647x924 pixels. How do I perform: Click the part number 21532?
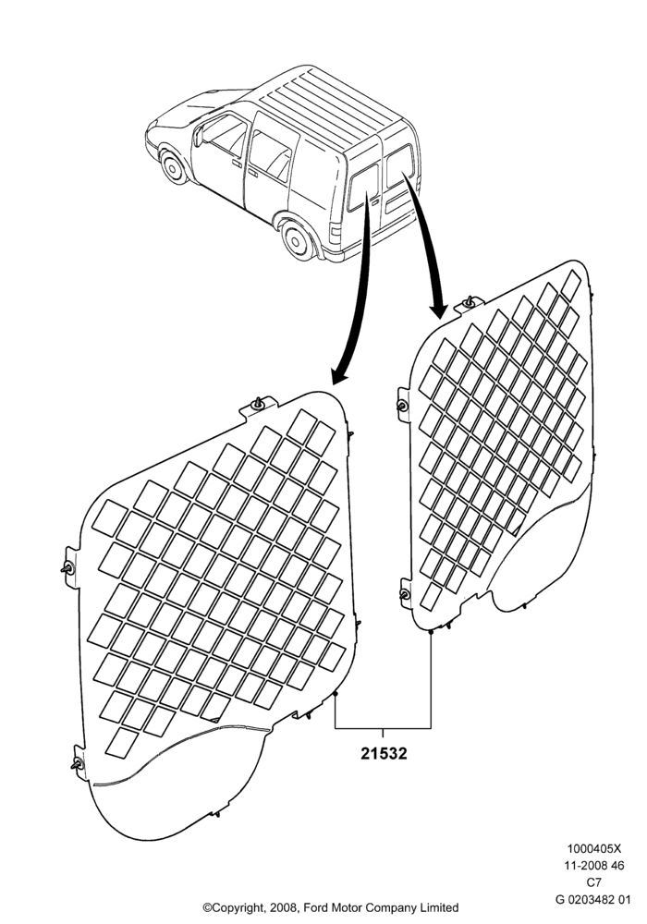(x=384, y=753)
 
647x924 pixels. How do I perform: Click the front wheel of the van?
(x=172, y=166)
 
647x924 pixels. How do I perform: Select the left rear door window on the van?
(x=362, y=188)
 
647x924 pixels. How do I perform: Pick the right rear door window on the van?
(x=400, y=165)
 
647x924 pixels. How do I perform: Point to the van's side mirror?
(x=198, y=136)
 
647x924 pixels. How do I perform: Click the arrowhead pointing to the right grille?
(x=438, y=309)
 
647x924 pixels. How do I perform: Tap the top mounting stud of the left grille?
(x=258, y=404)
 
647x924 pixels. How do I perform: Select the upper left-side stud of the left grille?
(x=67, y=568)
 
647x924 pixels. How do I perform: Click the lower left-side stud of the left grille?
(x=78, y=765)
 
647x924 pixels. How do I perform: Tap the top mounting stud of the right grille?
(x=469, y=302)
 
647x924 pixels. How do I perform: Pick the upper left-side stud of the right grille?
(x=402, y=406)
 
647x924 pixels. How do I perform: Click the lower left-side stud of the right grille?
(x=405, y=594)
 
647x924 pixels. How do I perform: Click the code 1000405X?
(x=594, y=849)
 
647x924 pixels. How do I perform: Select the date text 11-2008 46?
(x=594, y=866)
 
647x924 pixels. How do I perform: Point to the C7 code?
(x=594, y=882)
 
